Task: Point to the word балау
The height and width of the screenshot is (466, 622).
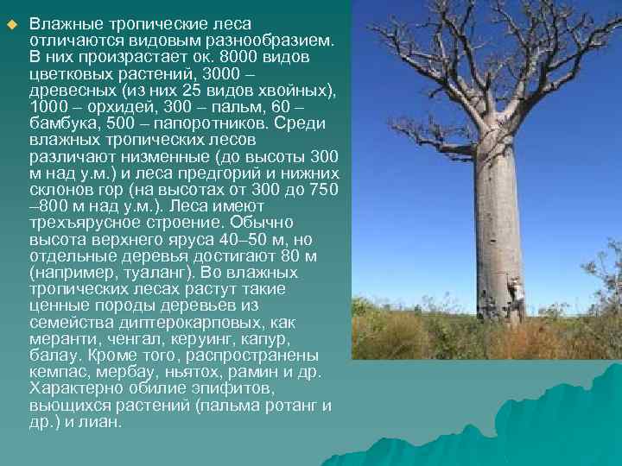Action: (51, 355)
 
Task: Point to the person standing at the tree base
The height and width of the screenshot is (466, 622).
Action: (516, 298)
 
